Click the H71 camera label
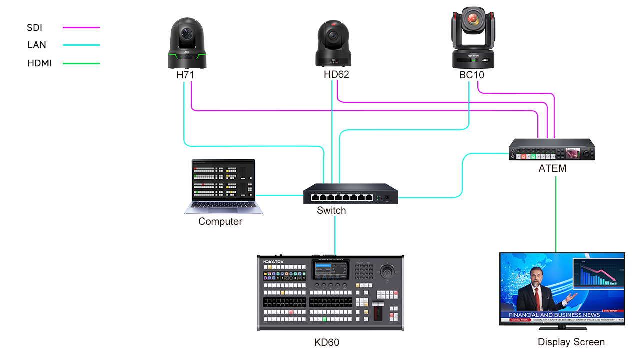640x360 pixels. (x=185, y=75)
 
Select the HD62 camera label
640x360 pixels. (x=336, y=75)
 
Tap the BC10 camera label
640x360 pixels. (x=472, y=75)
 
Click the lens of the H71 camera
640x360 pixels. (x=187, y=34)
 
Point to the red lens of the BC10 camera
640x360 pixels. (x=472, y=20)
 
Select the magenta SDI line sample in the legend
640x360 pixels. (x=81, y=28)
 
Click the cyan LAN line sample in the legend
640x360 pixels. (x=81, y=45)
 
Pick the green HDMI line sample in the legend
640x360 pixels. (x=81, y=63)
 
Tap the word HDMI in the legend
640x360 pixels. (x=40, y=63)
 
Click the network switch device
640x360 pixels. (x=350, y=194)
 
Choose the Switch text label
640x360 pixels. (x=331, y=211)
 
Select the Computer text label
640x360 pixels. (x=220, y=221)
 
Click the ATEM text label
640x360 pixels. (x=552, y=168)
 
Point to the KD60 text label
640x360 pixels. (x=327, y=342)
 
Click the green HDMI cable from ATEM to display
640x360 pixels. (x=556, y=215)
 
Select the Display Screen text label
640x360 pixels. (x=571, y=342)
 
